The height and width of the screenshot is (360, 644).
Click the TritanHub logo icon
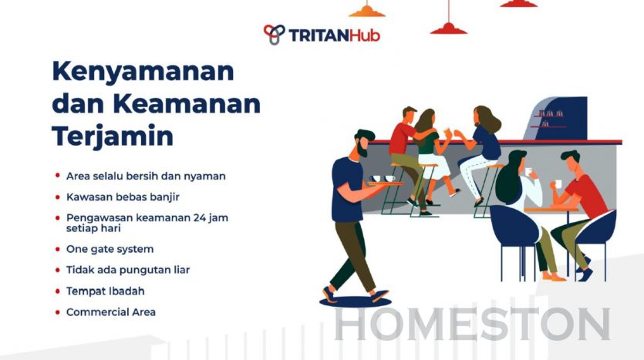pyautogui.click(x=274, y=34)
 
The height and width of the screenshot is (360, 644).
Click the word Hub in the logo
pyautogui.click(x=365, y=35)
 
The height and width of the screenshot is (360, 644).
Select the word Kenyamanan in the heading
pyautogui.click(x=143, y=72)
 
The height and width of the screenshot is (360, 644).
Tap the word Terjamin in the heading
pyautogui.click(x=113, y=136)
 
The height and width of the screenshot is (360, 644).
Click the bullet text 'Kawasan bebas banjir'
pyautogui.click(x=123, y=197)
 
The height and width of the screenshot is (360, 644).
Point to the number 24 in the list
pyautogui.click(x=200, y=217)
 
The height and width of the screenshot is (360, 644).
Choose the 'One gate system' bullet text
pyautogui.click(x=110, y=249)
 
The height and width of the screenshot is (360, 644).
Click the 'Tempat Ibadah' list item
pyautogui.click(x=105, y=291)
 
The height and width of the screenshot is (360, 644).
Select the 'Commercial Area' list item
pyautogui.click(x=111, y=312)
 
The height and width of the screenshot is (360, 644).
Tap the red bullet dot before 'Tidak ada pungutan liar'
pyautogui.click(x=58, y=270)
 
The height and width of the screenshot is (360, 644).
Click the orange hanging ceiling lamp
pyautogui.click(x=367, y=11)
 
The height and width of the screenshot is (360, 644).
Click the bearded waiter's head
pyautogui.click(x=363, y=143)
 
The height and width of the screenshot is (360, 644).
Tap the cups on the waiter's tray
pyautogui.click(x=383, y=178)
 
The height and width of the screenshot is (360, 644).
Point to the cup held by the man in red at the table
pyautogui.click(x=558, y=184)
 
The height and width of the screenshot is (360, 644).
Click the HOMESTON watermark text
pyautogui.click(x=472, y=324)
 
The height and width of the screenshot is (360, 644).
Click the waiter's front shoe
pyautogui.click(x=380, y=296)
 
